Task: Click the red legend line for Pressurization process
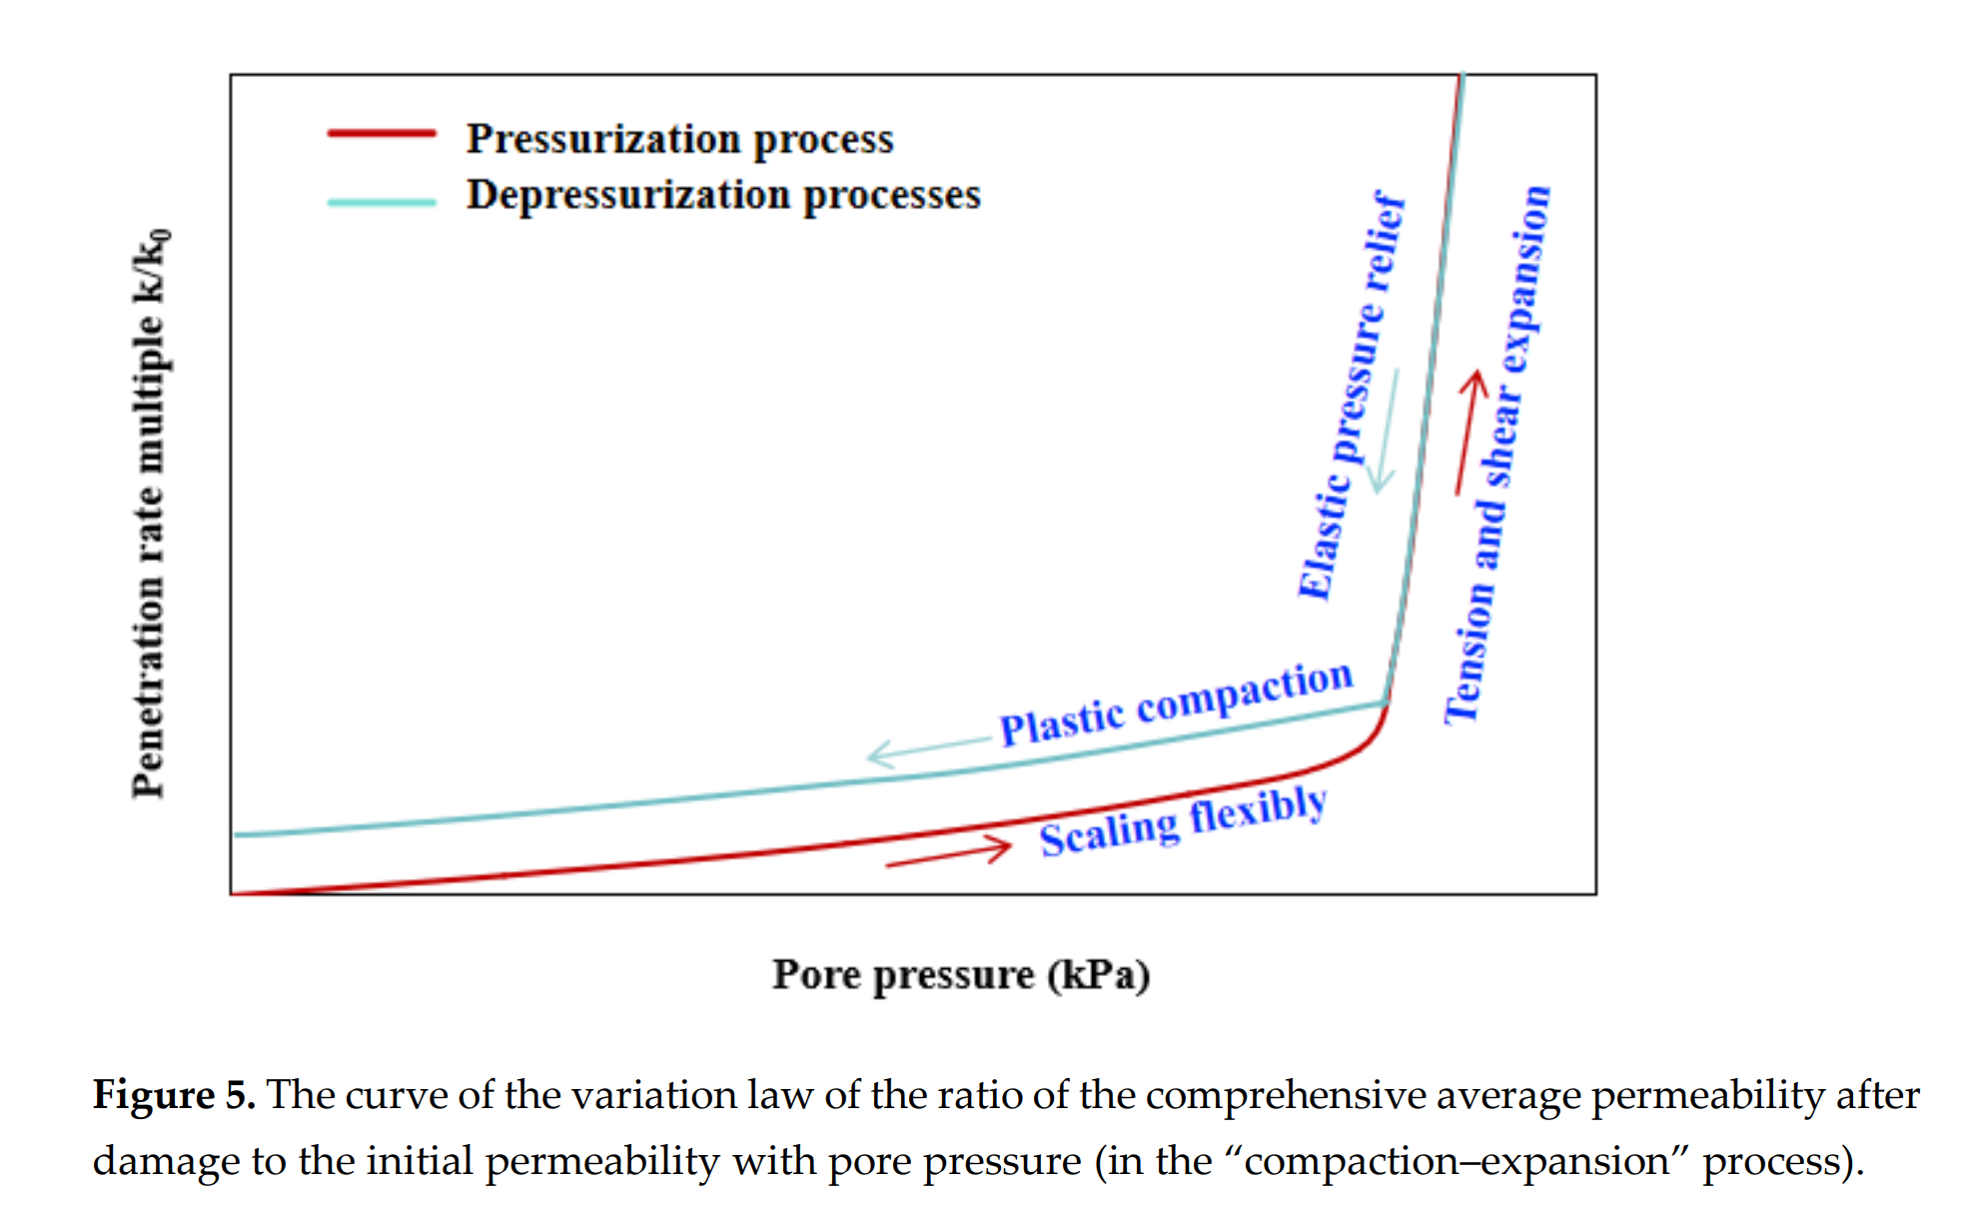(x=382, y=133)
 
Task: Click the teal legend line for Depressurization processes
(x=382, y=202)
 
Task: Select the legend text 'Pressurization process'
(x=679, y=139)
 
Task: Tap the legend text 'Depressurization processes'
(x=723, y=195)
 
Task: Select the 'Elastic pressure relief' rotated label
(x=1352, y=396)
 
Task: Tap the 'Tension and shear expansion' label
(x=1497, y=455)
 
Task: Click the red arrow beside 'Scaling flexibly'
(x=948, y=853)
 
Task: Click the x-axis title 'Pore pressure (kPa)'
(x=961, y=974)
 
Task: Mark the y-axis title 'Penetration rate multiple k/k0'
(x=150, y=514)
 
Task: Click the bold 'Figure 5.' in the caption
(x=174, y=1095)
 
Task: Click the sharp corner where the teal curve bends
(x=1387, y=703)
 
